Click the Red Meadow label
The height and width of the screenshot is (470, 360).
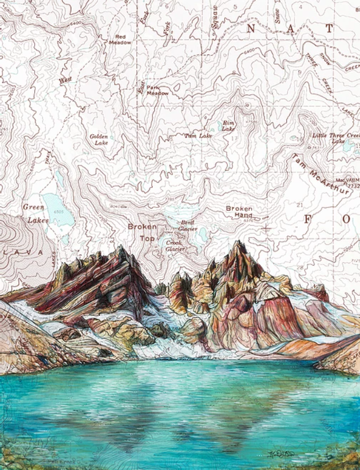coord(120,39)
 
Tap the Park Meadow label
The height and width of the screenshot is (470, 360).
coord(157,90)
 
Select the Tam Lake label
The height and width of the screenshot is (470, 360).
coord(198,136)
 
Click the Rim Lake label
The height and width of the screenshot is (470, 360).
coord(228,126)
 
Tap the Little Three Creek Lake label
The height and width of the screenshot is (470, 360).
coord(337,138)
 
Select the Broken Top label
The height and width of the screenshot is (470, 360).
coord(141,231)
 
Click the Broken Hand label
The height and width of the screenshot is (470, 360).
coord(239,212)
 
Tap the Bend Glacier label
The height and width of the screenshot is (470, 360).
coord(188,224)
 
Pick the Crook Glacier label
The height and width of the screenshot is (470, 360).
coord(173,245)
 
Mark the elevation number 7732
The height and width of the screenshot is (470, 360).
coord(354,186)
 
